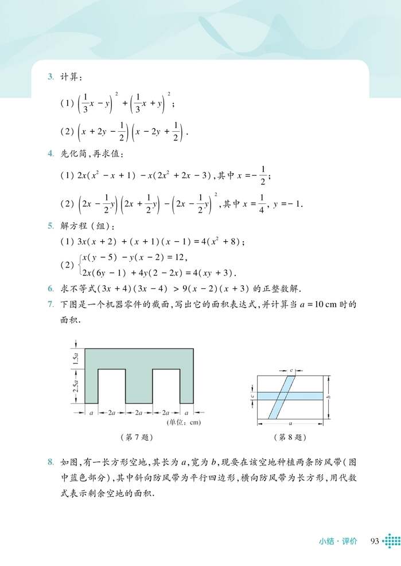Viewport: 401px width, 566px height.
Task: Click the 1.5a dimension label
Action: pos(75,359)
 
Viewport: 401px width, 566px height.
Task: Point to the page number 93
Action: pos(376,541)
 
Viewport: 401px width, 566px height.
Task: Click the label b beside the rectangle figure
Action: pos(329,396)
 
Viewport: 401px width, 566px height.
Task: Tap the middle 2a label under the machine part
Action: pos(138,412)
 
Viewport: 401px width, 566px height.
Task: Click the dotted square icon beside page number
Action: pos(391,541)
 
